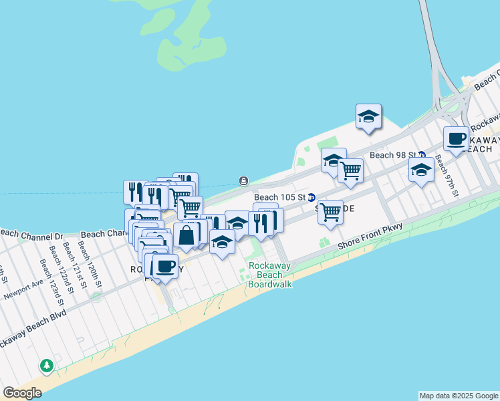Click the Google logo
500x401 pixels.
pos(22,393)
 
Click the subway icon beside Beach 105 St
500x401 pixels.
pos(311,197)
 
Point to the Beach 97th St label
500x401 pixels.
pos(447,176)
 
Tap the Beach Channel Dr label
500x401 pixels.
pos(31,235)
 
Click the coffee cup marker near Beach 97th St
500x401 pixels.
pos(457,139)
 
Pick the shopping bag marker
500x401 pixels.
pos(186,235)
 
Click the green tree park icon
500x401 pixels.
pos(46,366)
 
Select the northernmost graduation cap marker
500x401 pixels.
pos(368,117)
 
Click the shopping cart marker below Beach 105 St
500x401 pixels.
pos(330,213)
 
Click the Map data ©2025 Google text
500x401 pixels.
pos(459,396)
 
